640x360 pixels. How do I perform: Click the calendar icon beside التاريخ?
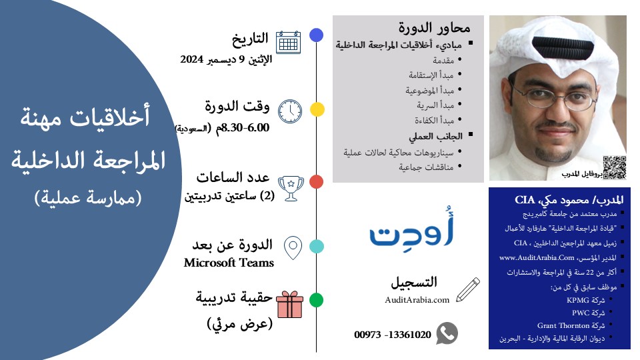(287, 41)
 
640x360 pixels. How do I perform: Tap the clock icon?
(289, 111)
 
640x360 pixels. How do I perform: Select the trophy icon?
(291, 188)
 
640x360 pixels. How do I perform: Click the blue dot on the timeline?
(317, 35)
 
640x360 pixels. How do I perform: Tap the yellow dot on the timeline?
(317, 109)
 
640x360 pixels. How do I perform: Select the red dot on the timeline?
(317, 181)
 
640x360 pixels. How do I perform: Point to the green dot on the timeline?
(317, 300)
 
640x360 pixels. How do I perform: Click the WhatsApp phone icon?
(447, 333)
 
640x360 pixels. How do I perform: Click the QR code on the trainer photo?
(615, 167)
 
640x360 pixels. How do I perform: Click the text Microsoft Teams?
(229, 263)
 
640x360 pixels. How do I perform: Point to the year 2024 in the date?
(191, 59)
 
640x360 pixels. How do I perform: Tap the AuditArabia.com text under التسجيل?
(417, 300)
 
